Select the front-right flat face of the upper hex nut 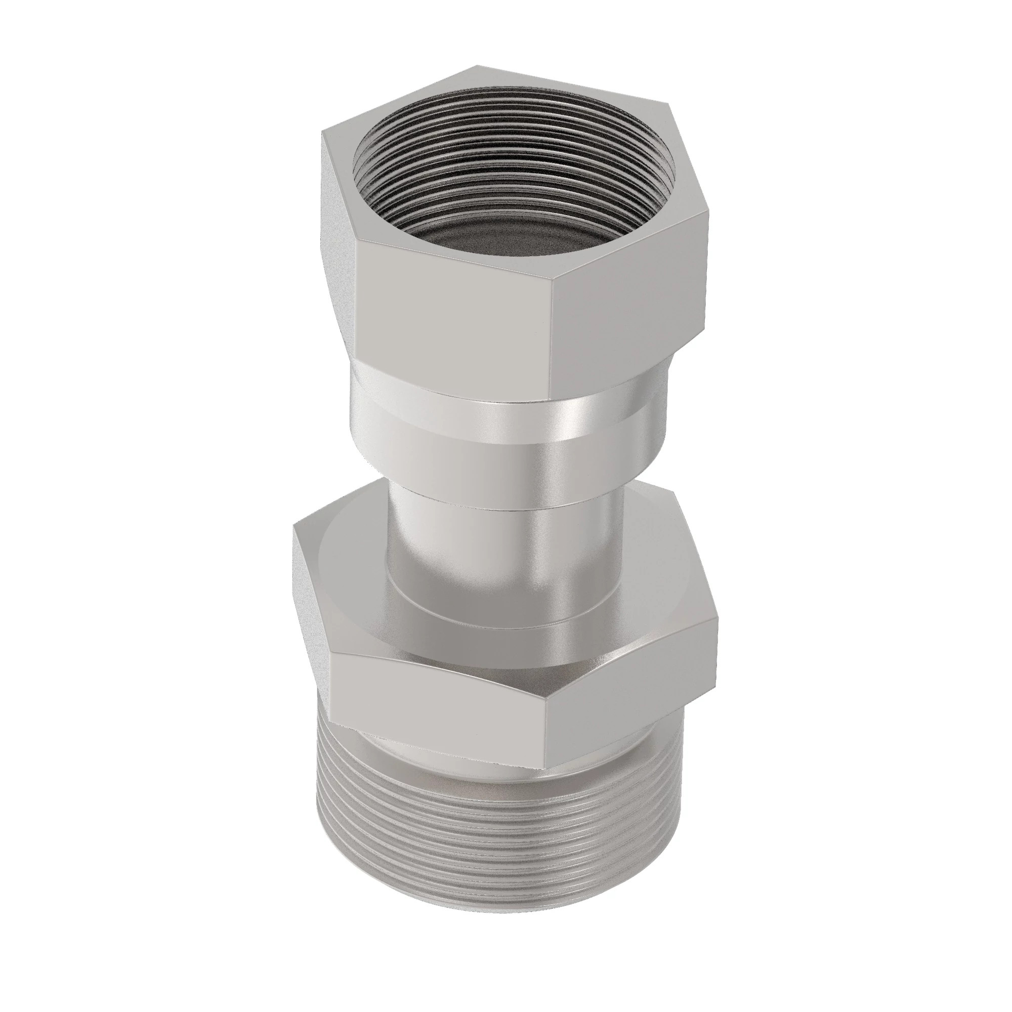point(628,293)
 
